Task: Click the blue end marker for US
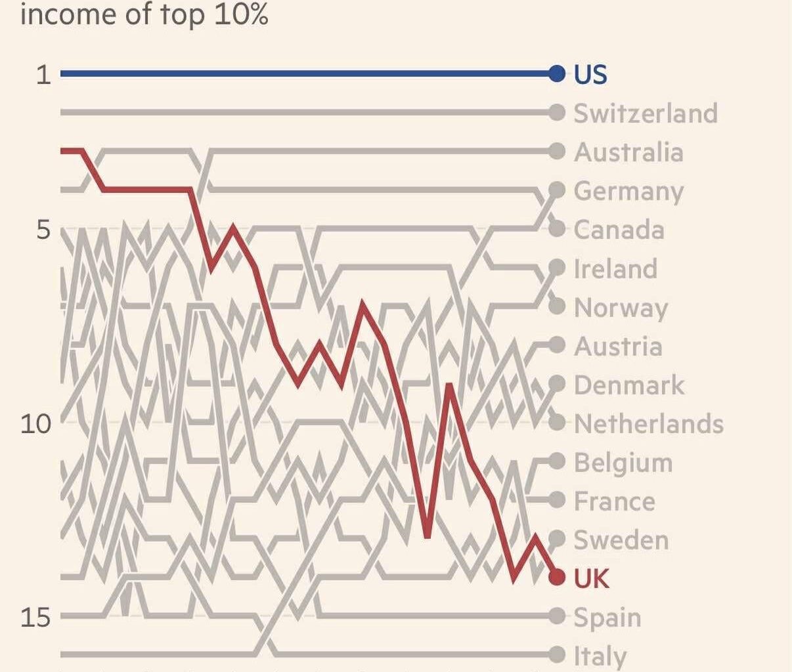click(557, 73)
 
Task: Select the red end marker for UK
click(557, 577)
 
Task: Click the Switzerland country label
click(646, 113)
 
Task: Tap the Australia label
click(628, 152)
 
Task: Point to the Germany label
click(628, 191)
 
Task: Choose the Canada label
click(619, 230)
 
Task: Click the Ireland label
click(615, 269)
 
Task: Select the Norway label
click(621, 308)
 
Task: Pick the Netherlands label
click(649, 424)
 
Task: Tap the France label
click(614, 501)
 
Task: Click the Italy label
click(600, 656)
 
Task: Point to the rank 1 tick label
click(43, 74)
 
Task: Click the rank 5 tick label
click(43, 230)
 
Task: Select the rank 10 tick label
click(35, 424)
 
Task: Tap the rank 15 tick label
click(35, 617)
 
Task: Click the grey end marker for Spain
click(557, 616)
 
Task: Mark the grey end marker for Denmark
click(557, 384)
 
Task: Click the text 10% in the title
click(241, 14)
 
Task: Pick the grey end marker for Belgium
click(557, 461)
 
